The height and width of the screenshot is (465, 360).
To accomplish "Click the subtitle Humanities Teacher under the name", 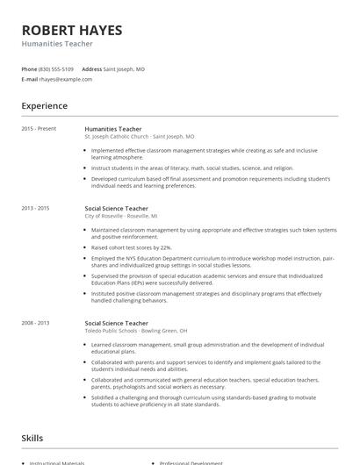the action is point(57,43).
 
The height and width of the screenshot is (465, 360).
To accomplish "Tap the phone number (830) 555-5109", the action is point(57,68).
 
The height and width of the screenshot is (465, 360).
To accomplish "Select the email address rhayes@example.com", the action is point(66,79).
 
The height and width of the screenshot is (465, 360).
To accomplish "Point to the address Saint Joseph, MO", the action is point(125,68).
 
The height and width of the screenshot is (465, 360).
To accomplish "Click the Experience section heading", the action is point(45,106).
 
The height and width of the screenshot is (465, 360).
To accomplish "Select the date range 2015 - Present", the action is point(39,129).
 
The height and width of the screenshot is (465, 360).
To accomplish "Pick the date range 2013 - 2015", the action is point(35,208).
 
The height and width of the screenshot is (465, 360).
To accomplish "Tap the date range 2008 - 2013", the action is point(35,323).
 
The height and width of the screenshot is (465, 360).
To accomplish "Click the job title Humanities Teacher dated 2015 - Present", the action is point(113,129).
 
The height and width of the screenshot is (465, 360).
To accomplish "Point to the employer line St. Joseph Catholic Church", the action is point(139,137).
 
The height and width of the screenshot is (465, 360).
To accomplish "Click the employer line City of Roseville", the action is point(121,216).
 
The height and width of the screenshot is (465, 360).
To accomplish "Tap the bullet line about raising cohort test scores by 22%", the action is point(132,247).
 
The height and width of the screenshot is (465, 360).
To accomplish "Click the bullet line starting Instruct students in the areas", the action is point(180,168).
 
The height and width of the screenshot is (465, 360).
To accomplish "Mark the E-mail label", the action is point(30,79).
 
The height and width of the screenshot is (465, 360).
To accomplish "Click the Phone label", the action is point(29,68).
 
